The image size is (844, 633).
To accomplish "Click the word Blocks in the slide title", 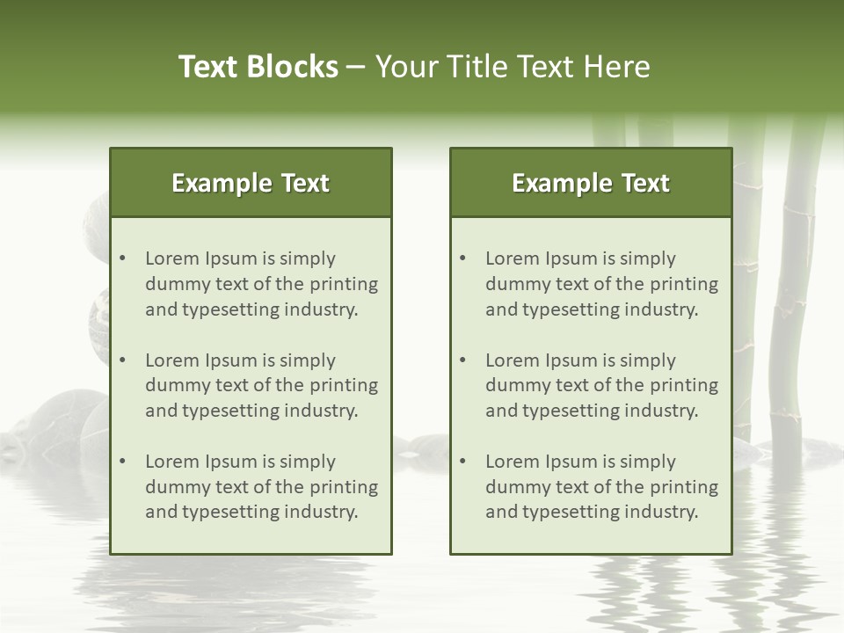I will pos(294,67).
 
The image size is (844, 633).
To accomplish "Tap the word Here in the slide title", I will pos(620,67).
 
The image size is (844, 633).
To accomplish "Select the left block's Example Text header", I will pos(251,183).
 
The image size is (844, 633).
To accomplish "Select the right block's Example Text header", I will pos(591,183).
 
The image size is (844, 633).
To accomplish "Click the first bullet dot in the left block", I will pos(123,258).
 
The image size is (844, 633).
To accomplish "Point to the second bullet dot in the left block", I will pos(123,360).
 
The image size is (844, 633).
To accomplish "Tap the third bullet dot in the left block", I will pos(123,462).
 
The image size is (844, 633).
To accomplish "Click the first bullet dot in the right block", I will pos(463,258).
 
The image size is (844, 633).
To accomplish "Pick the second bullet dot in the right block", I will pos(463,360).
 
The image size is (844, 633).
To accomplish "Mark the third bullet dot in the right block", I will pos(463,462).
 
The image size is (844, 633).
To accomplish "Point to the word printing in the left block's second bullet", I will pos(344,385).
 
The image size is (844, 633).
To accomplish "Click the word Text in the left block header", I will pos(305,183).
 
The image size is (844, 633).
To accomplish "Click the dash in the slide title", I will pos(357,67).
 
